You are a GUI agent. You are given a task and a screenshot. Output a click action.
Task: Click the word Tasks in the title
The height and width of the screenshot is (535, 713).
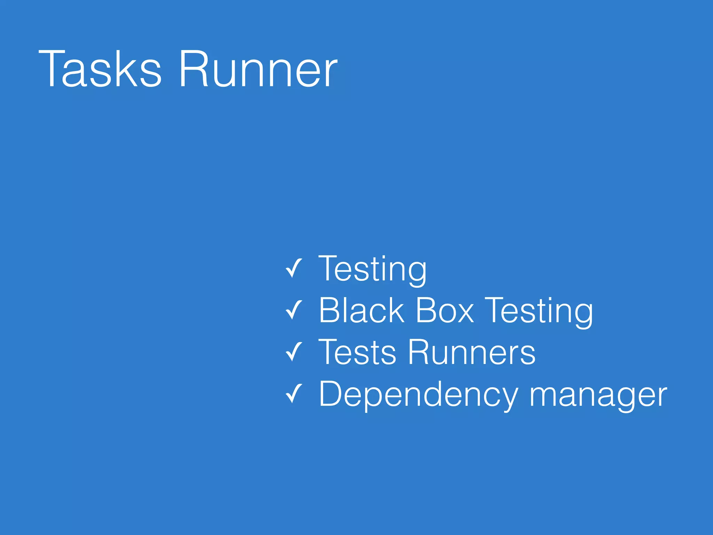pyautogui.click(x=100, y=69)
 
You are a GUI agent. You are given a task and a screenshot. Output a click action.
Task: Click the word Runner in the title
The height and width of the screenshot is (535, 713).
pyautogui.click(x=258, y=69)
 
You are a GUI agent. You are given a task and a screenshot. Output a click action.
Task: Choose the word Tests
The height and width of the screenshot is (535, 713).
pyautogui.click(x=357, y=352)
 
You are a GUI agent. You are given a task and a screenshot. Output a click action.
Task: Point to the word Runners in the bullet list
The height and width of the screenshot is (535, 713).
pyautogui.click(x=471, y=352)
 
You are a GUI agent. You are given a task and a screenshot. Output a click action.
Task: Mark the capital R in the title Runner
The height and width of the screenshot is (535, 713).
pyautogui.click(x=194, y=69)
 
